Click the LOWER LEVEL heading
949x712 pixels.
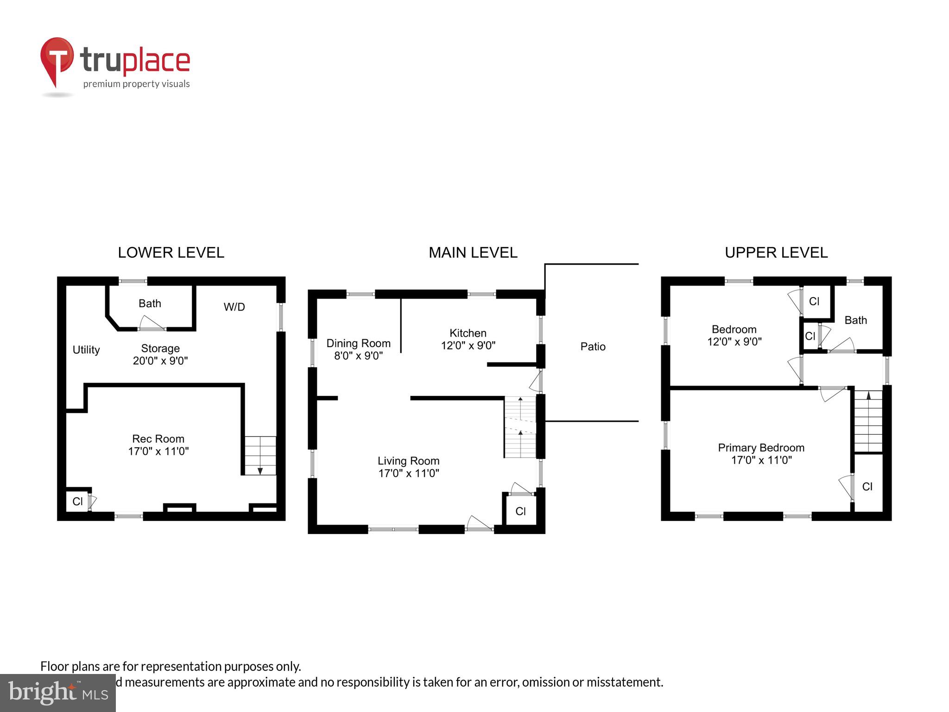point(171,253)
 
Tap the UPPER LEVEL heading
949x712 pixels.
point(776,253)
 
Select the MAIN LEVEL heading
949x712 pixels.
point(473,253)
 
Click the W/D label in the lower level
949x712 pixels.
point(234,307)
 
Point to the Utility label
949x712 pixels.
point(86,350)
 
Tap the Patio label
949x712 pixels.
point(593,347)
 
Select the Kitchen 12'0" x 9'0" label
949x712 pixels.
point(468,339)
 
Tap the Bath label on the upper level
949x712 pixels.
point(855,320)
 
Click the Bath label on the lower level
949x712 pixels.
point(150,304)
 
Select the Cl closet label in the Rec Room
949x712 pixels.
point(77,502)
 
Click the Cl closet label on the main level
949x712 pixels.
point(520,511)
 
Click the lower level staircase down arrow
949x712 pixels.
point(260,470)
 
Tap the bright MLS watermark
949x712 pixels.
point(57,693)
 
